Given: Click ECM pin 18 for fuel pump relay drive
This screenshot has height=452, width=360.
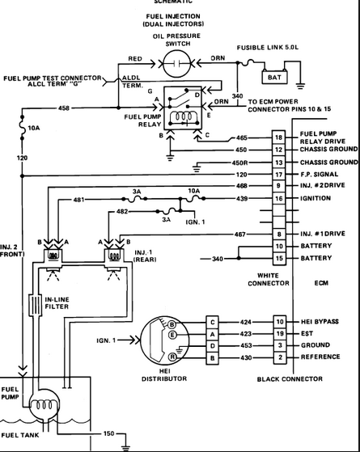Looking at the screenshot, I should (278, 138).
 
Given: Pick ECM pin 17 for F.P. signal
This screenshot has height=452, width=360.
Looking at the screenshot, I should (278, 174).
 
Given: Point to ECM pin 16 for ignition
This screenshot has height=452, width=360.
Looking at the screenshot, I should (278, 197).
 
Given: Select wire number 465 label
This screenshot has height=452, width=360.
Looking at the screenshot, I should (242, 138).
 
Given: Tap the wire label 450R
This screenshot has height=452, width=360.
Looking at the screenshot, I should (240, 162).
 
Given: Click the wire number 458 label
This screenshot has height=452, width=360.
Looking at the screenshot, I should (65, 107).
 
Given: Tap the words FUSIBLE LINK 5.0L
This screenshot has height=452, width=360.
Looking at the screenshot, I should (269, 48).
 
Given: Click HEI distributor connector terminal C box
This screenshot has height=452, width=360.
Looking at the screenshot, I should (213, 321).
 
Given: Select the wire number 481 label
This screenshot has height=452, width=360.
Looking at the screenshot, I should (78, 199).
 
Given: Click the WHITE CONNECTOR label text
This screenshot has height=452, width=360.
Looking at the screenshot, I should (267, 279).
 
